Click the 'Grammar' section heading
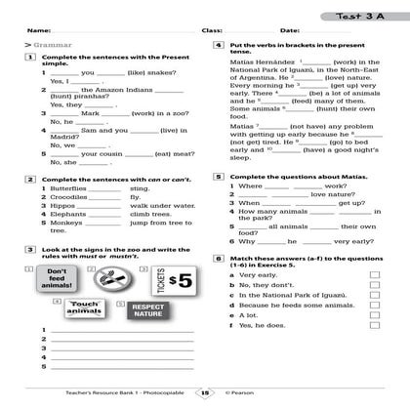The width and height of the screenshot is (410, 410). [41, 46]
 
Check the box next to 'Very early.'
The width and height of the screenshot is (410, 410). [375, 274]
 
